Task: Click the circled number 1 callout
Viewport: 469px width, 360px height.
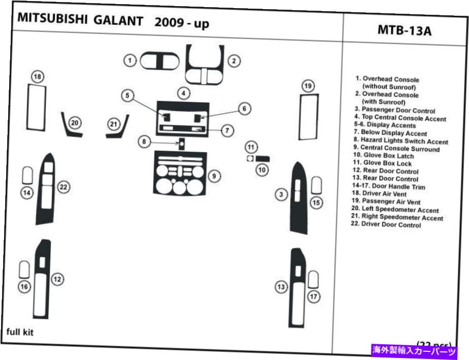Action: pos(130,61)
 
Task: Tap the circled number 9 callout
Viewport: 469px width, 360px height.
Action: pos(214,176)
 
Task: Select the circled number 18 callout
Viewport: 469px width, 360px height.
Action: pos(38,77)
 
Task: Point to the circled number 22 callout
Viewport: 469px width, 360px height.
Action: pos(63,187)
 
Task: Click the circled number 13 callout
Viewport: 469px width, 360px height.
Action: pos(281,288)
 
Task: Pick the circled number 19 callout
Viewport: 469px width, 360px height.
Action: pos(308,86)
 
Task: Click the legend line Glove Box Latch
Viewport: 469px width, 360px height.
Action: pos(385,156)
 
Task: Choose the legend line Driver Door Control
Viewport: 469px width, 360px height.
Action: pos(386,225)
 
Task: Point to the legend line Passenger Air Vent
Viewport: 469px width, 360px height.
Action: pos(391,202)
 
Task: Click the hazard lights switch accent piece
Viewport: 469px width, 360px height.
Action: pos(180,144)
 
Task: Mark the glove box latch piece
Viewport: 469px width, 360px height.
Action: pos(263,159)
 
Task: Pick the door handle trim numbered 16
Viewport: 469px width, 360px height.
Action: pos(23,270)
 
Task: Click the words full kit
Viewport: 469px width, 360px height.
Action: pos(20,333)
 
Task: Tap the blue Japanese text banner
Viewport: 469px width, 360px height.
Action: pos(415,350)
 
